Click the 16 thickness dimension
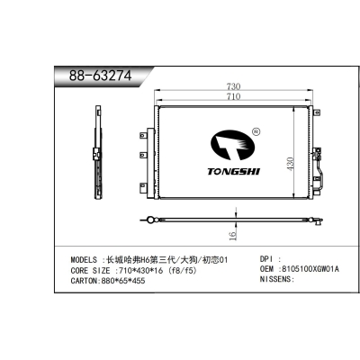pyautogui.click(x=231, y=236)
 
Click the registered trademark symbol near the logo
pyautogui.click(x=256, y=130)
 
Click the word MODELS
pyautogui.click(x=86, y=258)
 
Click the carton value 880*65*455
pyautogui.click(x=137, y=280)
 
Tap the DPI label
pyautogui.click(x=268, y=258)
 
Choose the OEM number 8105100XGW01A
pyautogui.click(x=311, y=269)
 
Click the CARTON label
pyautogui.click(x=88, y=280)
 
